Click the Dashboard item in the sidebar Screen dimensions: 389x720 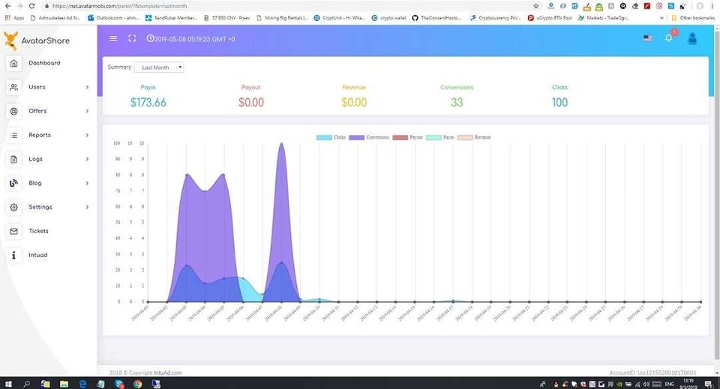point(44,63)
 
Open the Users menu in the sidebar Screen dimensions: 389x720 point(37,87)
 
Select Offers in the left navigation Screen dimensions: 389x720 point(37,111)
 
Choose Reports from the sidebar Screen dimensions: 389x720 point(40,135)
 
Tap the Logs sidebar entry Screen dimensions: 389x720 point(35,159)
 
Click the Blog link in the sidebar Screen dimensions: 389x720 point(35,183)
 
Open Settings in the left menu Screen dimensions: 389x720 point(40,207)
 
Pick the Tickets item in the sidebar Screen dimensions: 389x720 point(38,231)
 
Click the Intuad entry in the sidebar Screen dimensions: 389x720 point(37,255)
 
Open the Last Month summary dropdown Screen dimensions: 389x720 point(158,67)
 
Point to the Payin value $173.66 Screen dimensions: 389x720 point(148,102)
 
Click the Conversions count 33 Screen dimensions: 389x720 point(457,102)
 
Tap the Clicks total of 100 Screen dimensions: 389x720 point(559,102)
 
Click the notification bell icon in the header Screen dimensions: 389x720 point(669,38)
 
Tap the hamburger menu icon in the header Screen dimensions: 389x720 point(113,38)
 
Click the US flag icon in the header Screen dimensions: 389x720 point(647,38)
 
